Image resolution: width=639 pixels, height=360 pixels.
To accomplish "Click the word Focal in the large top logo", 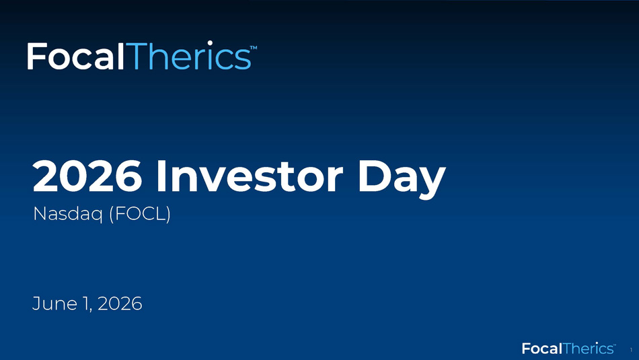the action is [75, 57].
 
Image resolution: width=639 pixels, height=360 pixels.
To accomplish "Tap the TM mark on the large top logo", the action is [254, 48].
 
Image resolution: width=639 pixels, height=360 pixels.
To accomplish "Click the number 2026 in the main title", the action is [87, 176].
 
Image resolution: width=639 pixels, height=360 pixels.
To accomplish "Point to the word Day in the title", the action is [402, 180].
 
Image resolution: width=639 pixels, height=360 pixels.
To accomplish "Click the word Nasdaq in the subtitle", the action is [68, 214].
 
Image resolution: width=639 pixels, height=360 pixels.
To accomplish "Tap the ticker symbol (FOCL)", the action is [140, 214].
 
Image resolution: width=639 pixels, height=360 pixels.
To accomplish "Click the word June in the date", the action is [54, 303].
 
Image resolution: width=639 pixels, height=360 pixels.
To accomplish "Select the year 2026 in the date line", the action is [120, 303].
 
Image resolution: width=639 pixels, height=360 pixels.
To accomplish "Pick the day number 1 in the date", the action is [86, 304].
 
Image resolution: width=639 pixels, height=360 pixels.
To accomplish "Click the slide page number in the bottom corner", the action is [631, 350].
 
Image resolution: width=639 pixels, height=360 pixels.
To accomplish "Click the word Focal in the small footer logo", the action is [542, 349].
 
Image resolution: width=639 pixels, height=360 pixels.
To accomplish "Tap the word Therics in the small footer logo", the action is [588, 349].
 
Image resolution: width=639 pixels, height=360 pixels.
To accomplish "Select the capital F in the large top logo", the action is [36, 57].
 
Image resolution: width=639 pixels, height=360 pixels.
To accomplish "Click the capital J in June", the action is [36, 304].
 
